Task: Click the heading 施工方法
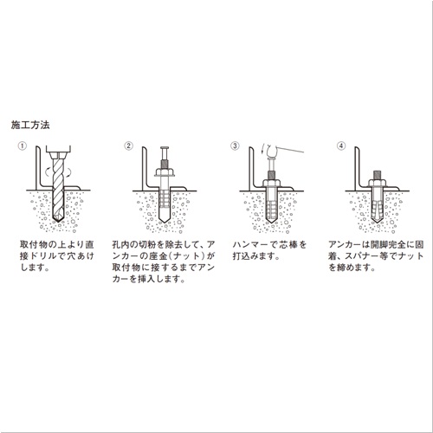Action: tap(30, 125)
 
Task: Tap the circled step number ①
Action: tap(23, 145)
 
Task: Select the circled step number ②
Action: tap(128, 145)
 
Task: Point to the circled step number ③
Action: tap(235, 145)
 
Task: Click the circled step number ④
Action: tap(341, 145)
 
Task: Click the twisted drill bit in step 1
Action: tap(58, 189)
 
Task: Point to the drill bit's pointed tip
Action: tap(58, 221)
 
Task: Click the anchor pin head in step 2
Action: tap(165, 149)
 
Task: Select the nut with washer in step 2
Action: tap(165, 172)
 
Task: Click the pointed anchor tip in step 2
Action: tap(165, 218)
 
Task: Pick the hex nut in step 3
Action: tap(271, 183)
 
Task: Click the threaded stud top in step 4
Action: tap(377, 175)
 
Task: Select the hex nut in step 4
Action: tap(377, 183)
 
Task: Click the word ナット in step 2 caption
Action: tap(184, 256)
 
